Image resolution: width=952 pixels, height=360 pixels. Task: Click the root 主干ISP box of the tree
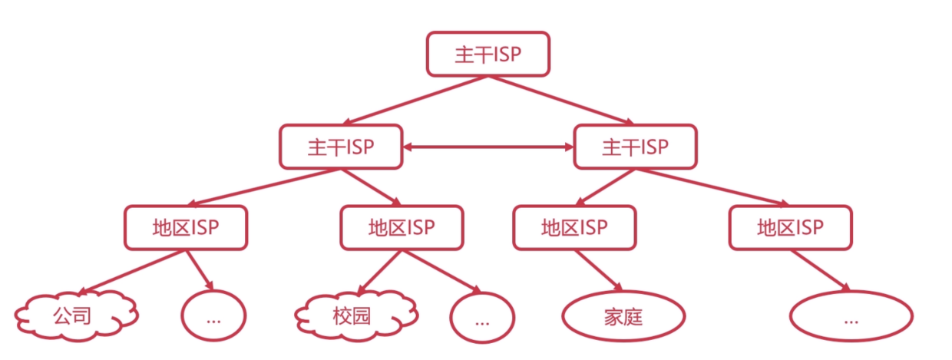488,54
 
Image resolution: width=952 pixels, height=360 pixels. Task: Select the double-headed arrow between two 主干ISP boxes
488,147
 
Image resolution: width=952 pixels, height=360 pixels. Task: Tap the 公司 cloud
76,315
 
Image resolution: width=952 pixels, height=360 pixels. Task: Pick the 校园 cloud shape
356,315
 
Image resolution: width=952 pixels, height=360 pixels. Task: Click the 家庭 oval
623,316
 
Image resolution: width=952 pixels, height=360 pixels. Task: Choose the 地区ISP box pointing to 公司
186,227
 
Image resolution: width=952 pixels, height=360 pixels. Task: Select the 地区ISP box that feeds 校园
402,227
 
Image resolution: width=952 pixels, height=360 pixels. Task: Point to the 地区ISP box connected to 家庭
574,227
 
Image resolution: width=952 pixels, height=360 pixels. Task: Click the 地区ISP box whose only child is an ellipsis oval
791,227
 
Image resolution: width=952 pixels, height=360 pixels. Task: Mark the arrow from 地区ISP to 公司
132,272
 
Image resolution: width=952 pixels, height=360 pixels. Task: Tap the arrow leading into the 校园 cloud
379,272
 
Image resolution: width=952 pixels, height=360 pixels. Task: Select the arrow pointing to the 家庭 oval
598,271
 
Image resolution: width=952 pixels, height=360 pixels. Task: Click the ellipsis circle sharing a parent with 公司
213,315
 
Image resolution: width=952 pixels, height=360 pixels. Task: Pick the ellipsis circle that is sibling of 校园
482,317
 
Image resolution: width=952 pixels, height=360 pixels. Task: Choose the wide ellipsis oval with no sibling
851,316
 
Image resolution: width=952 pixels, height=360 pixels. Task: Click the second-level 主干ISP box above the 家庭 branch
635,147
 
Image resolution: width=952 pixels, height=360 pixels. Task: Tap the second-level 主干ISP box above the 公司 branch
341,147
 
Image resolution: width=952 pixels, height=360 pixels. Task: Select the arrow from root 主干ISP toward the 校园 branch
415,101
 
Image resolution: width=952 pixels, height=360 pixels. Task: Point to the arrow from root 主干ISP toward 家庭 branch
561,101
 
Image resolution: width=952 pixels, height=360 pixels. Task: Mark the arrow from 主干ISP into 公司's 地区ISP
263,187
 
